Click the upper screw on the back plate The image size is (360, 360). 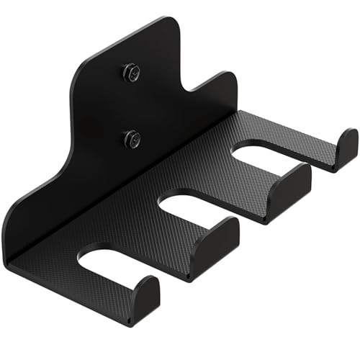click(131, 72)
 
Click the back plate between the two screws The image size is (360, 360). click(131, 104)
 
